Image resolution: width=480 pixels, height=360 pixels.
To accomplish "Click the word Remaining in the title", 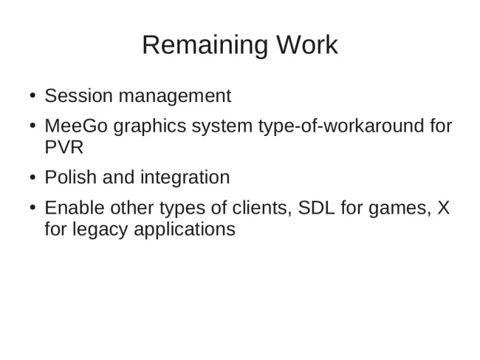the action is coord(205,46).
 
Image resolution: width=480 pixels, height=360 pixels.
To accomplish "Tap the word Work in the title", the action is coord(307,45).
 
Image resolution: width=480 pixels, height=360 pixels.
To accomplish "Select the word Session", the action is coord(79,95).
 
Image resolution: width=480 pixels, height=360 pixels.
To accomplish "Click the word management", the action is coord(175,97).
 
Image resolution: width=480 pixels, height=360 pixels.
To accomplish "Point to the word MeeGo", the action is coord(76,126).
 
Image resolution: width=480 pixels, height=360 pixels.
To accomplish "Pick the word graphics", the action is coord(150,127).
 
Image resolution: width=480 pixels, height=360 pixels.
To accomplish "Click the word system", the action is coord(222,127).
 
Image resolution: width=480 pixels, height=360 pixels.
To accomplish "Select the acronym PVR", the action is coord(64,147).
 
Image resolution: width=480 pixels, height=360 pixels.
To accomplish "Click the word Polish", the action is coord(71,177).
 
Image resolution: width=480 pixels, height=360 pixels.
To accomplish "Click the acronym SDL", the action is coord(316,208).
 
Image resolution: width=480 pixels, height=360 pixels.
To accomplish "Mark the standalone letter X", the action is coord(444,208).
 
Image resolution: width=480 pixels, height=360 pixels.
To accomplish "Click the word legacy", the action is coord(100,230).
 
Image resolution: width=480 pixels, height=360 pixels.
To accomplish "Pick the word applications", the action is coord(185,230).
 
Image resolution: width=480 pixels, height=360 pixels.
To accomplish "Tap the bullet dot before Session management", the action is coord(32,95).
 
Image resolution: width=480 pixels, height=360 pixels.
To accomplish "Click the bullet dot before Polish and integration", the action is coord(32,177).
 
